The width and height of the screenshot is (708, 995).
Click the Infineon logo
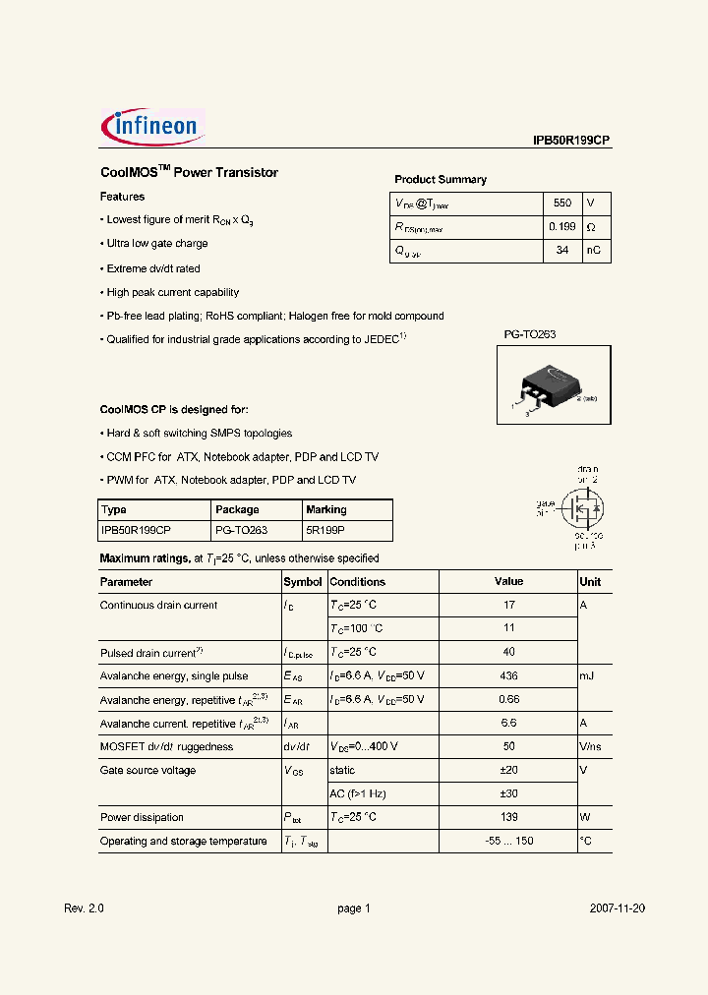152,127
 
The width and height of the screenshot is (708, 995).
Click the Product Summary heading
441,179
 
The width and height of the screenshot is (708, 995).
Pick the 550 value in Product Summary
561,203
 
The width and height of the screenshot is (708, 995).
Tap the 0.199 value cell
561,227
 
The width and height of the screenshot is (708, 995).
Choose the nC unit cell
595,251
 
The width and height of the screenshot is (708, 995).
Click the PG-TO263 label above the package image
530,334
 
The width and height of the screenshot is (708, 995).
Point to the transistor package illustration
552,385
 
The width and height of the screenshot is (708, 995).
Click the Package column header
237,509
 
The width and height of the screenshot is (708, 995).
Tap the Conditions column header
357,582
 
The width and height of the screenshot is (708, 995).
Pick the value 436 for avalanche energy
508,676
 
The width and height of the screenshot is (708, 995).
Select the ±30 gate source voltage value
508,794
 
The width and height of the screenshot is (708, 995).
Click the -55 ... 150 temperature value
508,842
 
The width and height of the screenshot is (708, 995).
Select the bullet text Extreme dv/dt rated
152,268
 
